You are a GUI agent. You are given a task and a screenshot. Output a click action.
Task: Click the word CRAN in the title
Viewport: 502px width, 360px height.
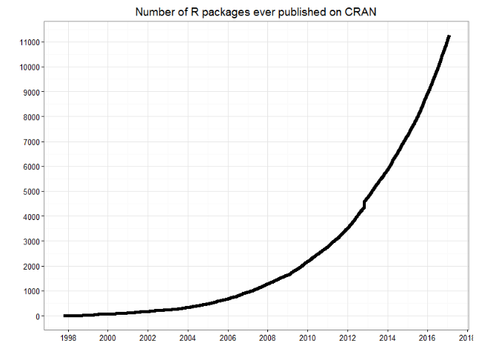point(362,12)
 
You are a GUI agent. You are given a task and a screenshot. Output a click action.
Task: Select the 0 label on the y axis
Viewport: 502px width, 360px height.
point(36,316)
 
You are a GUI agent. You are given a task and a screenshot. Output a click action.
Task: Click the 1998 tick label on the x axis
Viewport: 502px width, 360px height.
point(67,338)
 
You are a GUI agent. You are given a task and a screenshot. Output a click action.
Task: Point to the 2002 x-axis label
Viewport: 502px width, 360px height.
point(147,338)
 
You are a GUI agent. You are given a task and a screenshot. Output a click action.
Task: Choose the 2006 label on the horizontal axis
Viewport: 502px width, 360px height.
point(227,338)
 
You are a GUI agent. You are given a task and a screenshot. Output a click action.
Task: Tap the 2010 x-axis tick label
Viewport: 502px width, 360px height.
point(307,338)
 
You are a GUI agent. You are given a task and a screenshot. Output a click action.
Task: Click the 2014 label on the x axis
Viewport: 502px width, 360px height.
point(387,338)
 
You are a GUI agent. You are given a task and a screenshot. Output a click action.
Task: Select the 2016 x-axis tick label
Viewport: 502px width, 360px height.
point(427,338)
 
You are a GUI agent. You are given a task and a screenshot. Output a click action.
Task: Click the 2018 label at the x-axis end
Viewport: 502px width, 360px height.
point(466,338)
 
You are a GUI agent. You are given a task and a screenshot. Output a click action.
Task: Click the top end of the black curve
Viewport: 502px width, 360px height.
point(449,36)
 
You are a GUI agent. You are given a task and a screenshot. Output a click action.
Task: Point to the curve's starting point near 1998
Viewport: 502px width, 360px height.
point(65,316)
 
